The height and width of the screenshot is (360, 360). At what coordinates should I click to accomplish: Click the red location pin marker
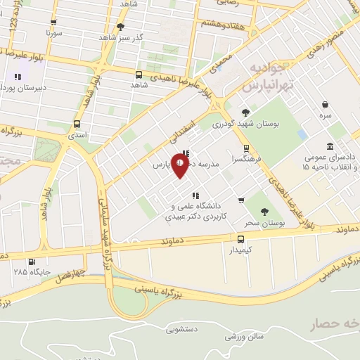pos(181,166)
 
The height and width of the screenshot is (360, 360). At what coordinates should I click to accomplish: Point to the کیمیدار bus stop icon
pos(241,238)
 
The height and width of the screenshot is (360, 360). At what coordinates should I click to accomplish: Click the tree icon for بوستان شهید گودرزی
pos(245,112)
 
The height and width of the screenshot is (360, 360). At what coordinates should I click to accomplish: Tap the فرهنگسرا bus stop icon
pos(246,148)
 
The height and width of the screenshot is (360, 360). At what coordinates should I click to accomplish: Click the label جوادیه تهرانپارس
pos(265,77)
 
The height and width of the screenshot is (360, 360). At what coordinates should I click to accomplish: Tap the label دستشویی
pos(181,328)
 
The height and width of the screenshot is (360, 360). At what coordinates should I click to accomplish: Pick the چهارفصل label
pos(71,273)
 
